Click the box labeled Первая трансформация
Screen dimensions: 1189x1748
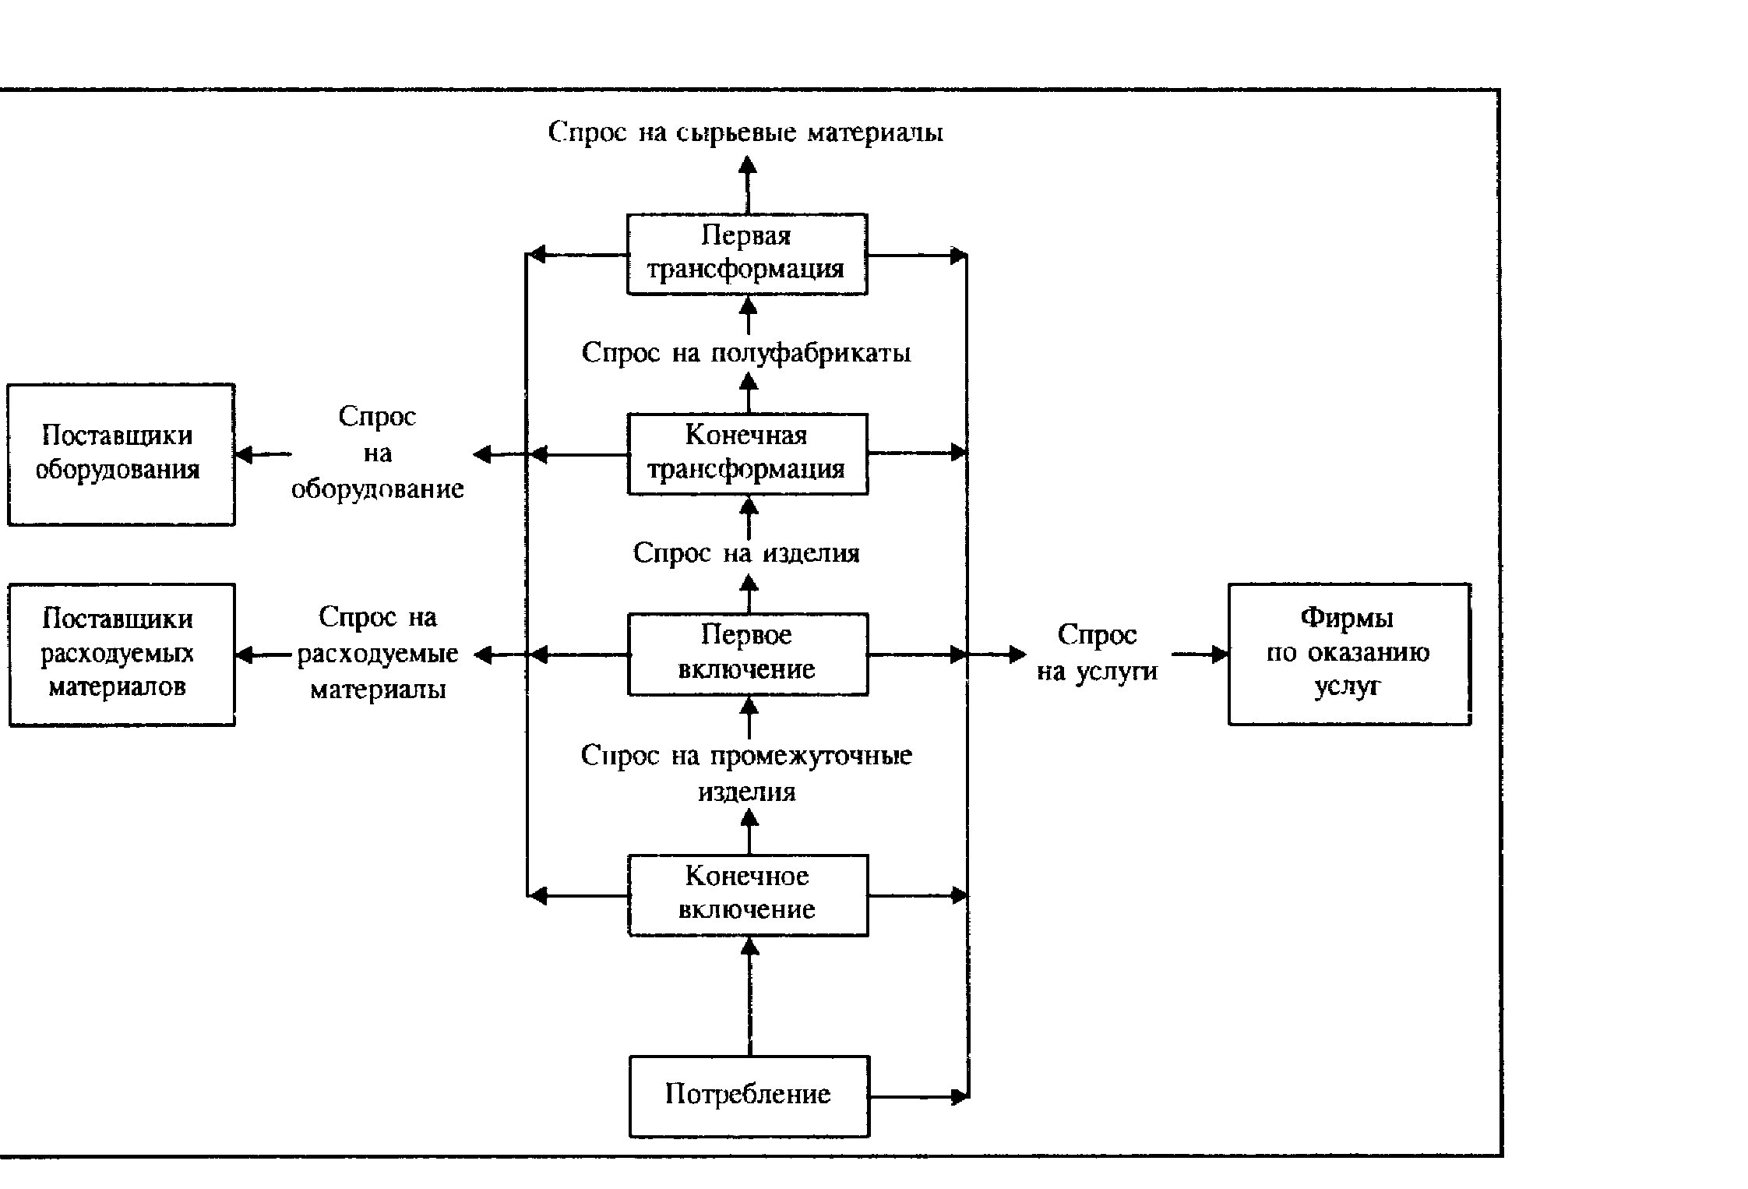pyautogui.click(x=747, y=254)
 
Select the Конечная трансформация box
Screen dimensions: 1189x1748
pyautogui.click(x=748, y=453)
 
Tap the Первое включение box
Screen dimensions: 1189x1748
pyautogui.click(x=748, y=654)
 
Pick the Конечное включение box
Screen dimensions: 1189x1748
pyautogui.click(x=748, y=894)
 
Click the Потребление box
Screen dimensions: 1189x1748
pyautogui.click(x=749, y=1096)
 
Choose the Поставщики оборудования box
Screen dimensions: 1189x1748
pyautogui.click(x=121, y=454)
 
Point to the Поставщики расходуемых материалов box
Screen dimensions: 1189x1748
pyautogui.click(x=122, y=654)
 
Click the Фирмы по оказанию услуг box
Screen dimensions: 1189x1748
pyautogui.click(x=1348, y=654)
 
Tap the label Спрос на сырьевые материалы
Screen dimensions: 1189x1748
pyautogui.click(x=745, y=132)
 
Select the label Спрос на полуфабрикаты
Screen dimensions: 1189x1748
pyautogui.click(x=746, y=353)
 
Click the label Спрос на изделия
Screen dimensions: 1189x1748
pyautogui.click(x=746, y=553)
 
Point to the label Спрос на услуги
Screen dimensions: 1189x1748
pyautogui.click(x=1097, y=653)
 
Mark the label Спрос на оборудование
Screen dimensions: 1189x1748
pyautogui.click(x=378, y=453)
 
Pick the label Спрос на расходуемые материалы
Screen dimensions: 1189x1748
pyautogui.click(x=378, y=653)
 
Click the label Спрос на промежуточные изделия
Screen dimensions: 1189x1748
pyautogui.click(x=746, y=773)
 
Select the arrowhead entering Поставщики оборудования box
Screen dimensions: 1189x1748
pyautogui.click(x=244, y=454)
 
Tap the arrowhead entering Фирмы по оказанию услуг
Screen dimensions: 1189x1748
pyautogui.click(x=1219, y=654)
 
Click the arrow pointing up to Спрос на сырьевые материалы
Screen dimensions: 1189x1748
pyautogui.click(x=748, y=184)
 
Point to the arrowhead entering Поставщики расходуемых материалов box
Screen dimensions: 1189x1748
pyautogui.click(x=244, y=654)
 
